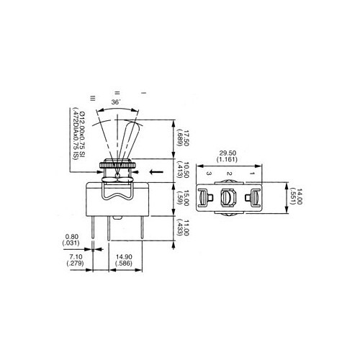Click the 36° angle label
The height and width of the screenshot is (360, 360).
116,103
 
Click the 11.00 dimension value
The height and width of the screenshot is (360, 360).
185,229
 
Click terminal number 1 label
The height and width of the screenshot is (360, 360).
252,174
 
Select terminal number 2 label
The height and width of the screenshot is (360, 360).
230,174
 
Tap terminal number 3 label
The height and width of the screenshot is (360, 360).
207,174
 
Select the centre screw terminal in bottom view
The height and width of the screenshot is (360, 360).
230,198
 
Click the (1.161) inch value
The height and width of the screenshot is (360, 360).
228,161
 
